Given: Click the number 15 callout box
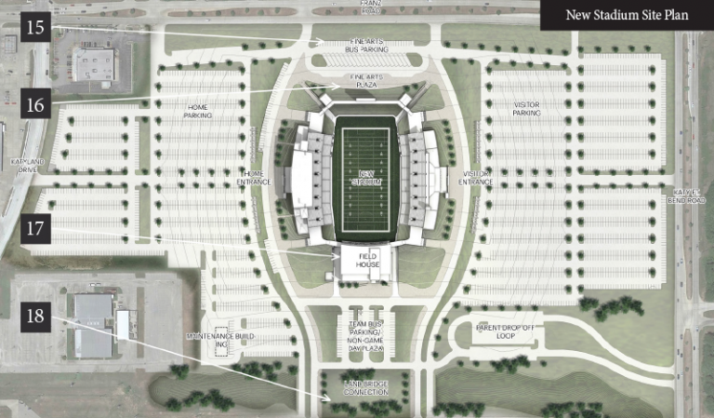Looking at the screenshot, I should point(35,28).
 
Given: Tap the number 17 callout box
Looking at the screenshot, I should point(35,226).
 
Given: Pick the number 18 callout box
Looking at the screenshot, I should point(35,317).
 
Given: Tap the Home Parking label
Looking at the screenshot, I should point(198,112).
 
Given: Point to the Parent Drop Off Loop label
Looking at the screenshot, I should point(506,332).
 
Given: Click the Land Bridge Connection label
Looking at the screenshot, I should point(365,388).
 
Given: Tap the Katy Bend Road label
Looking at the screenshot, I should point(690,196).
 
